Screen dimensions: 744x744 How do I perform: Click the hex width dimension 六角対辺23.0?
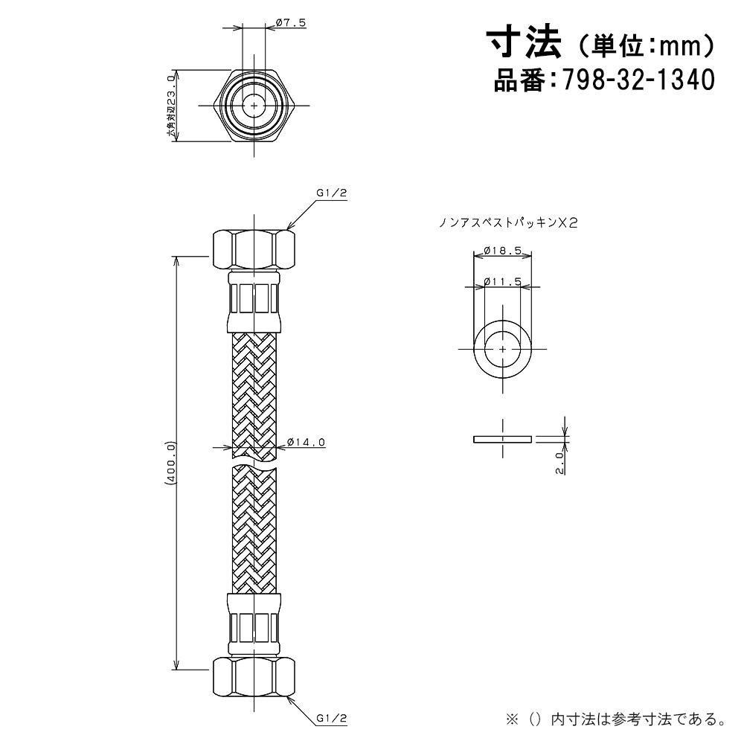(171, 106)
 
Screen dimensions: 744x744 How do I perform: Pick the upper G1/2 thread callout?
(332, 193)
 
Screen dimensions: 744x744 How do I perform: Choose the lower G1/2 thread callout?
(332, 719)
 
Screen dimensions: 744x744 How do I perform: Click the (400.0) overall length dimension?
(171, 463)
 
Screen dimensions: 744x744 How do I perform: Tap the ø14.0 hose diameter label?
(306, 442)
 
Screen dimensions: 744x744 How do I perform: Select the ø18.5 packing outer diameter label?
(502, 250)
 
